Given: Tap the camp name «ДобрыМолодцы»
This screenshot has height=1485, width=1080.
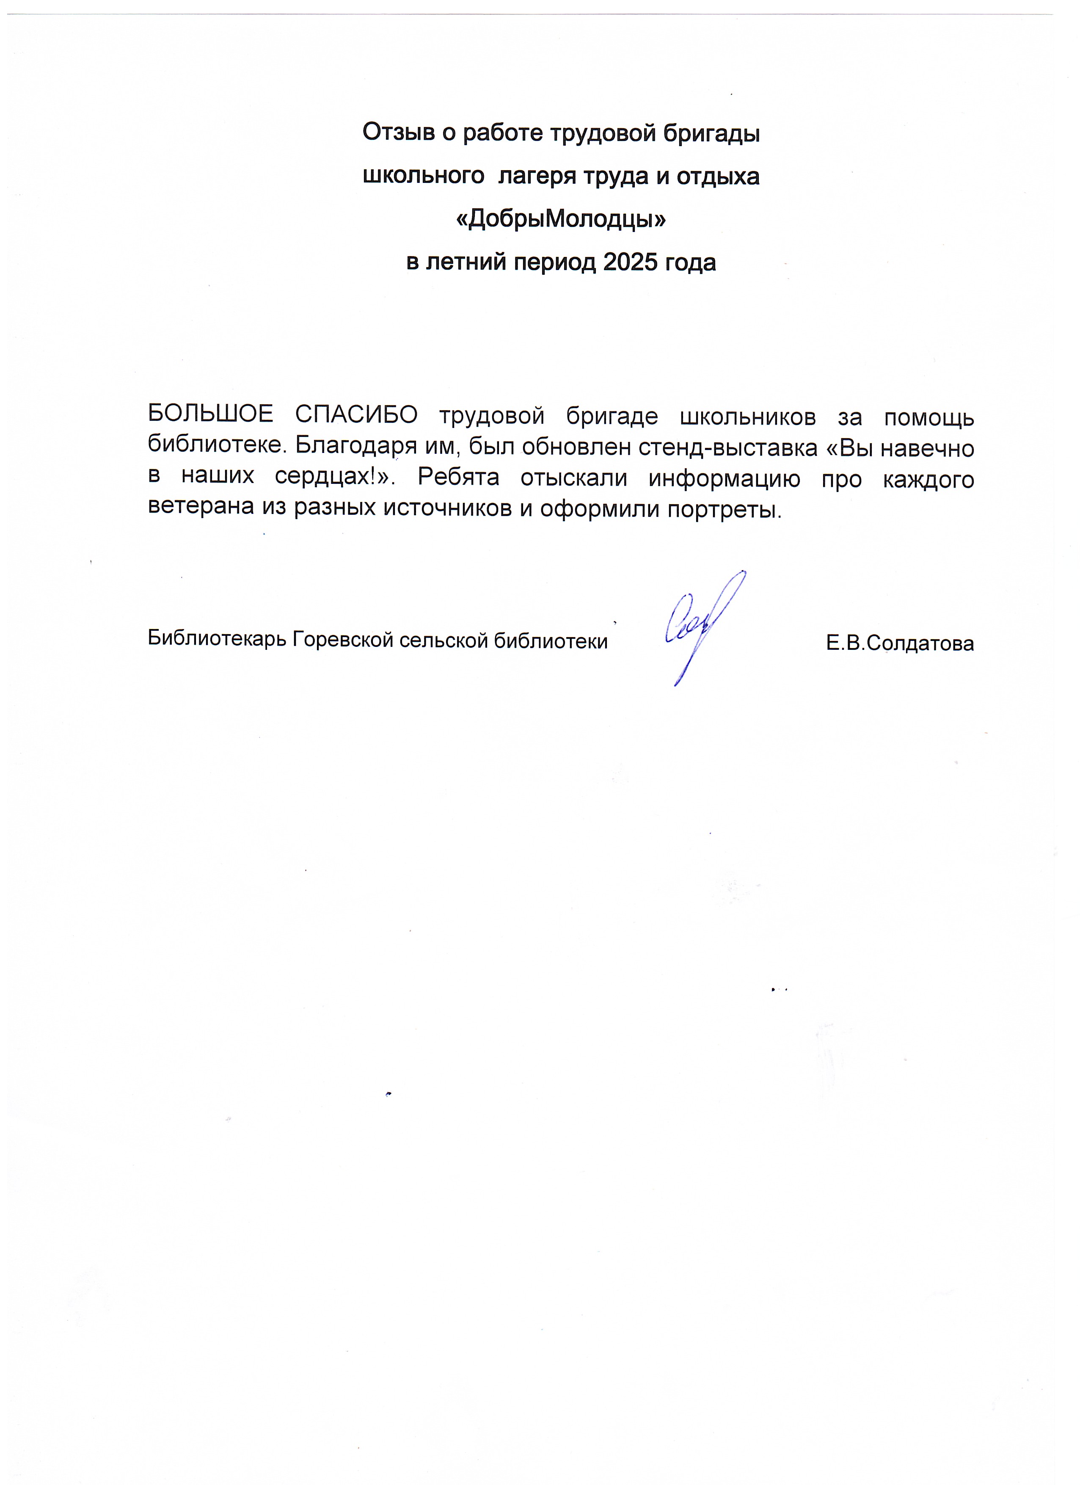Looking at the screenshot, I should [x=560, y=220].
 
